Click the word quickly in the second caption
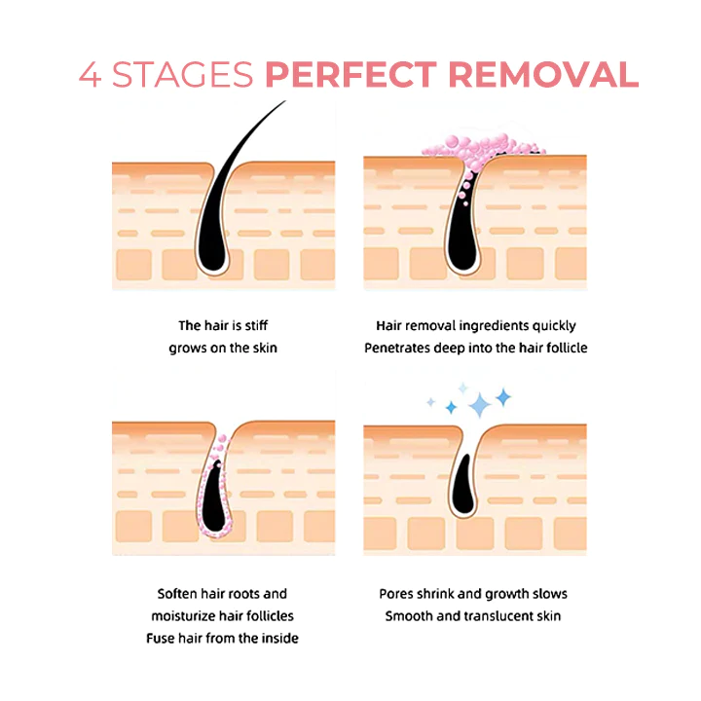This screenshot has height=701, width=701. click(551, 325)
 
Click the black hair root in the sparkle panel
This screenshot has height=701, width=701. click(465, 492)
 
